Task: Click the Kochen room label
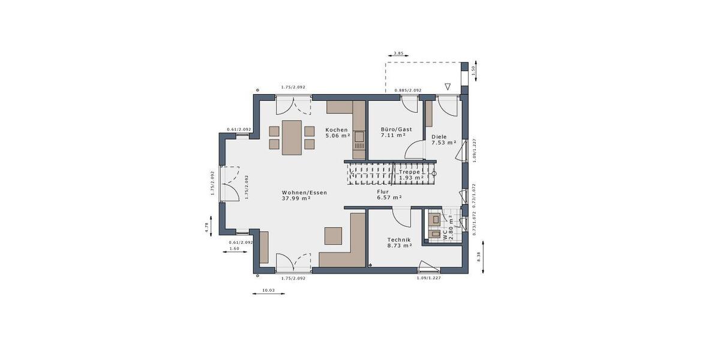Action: pyautogui.click(x=337, y=130)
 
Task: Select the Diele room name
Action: pyautogui.click(x=439, y=136)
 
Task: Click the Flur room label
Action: pyautogui.click(x=383, y=191)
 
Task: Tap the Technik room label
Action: pyautogui.click(x=399, y=239)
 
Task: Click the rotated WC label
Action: pyautogui.click(x=445, y=236)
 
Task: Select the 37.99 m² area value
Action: pyautogui.click(x=296, y=199)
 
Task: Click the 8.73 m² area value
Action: pyautogui.click(x=399, y=245)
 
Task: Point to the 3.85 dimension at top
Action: pyautogui.click(x=398, y=54)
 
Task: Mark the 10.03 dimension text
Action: pyautogui.click(x=268, y=291)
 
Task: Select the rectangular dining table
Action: pyautogui.click(x=292, y=137)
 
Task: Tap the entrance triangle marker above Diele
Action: pyautogui.click(x=447, y=86)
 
